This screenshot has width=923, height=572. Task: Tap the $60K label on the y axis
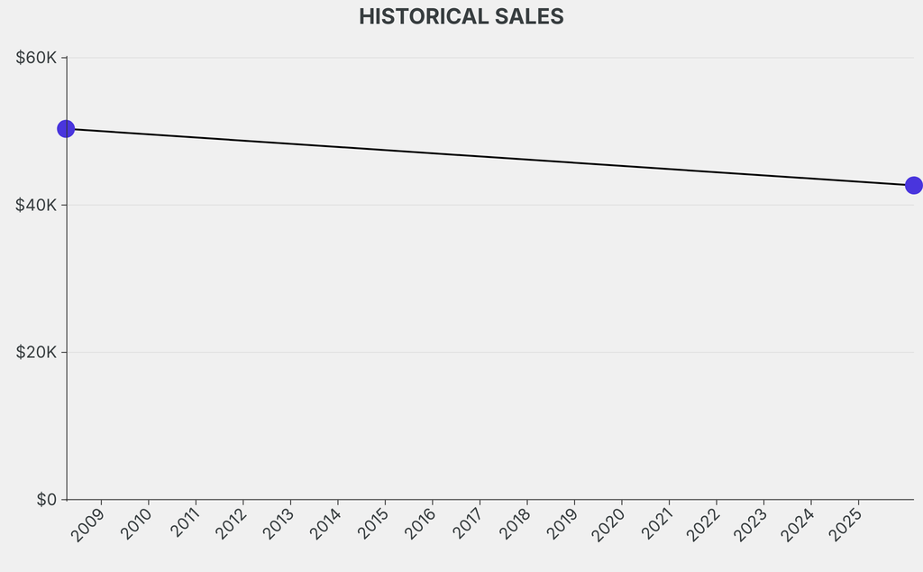[x=37, y=58]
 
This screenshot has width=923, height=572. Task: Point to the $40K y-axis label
[x=37, y=205]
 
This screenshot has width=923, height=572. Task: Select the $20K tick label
[x=37, y=352]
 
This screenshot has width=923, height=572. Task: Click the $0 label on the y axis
[x=46, y=499]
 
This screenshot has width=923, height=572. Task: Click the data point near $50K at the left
[x=66, y=129]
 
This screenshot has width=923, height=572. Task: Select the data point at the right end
[x=913, y=185]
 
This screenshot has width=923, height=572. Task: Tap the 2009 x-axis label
[x=88, y=525]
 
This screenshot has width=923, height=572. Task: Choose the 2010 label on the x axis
[x=135, y=525]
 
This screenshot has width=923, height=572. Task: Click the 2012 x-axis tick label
[x=230, y=525]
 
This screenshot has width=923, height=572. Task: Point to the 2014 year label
[x=324, y=525]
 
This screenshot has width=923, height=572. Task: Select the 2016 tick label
[x=419, y=525]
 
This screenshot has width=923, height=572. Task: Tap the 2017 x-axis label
[x=466, y=525]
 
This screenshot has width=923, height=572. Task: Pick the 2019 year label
[x=561, y=525]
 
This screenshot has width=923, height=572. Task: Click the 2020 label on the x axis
[x=608, y=525]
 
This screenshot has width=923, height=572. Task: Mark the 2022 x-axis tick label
[x=703, y=525]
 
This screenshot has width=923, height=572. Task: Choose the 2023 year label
[x=750, y=525]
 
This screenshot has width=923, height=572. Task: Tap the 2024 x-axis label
[x=798, y=525]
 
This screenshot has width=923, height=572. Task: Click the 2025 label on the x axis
[x=845, y=525]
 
